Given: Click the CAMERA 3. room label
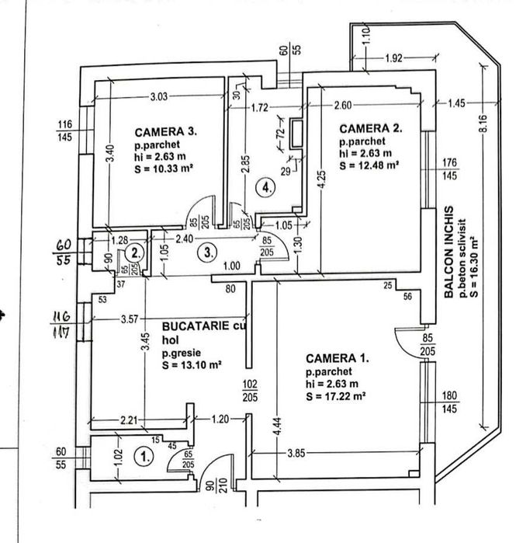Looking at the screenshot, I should coord(166,131).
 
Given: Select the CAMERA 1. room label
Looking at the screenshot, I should coord(338,359).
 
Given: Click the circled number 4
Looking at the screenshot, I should coord(266,187).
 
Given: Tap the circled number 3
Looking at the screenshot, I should coord(207,251).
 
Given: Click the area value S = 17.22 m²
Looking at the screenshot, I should coord(335,395).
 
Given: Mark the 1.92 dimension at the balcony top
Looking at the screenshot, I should coord(395,58).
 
